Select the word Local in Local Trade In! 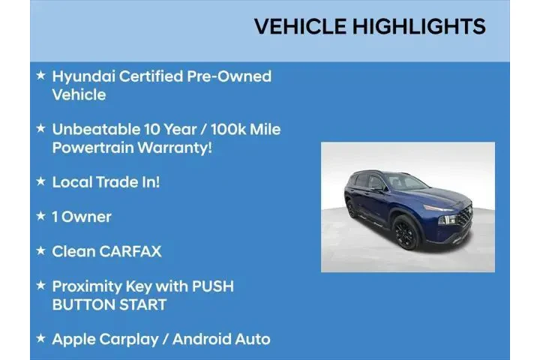tap(71, 182)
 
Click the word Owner tap(86, 217)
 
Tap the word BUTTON tap(80, 304)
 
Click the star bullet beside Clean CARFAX tap(40, 251)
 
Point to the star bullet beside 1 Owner tap(40, 217)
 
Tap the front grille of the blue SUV tap(463, 217)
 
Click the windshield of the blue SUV tap(405, 183)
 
